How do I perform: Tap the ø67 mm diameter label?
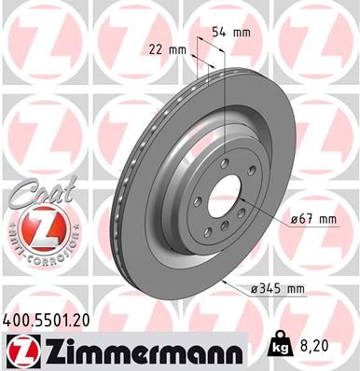(x=313, y=219)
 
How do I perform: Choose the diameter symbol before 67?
(x=293, y=219)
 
